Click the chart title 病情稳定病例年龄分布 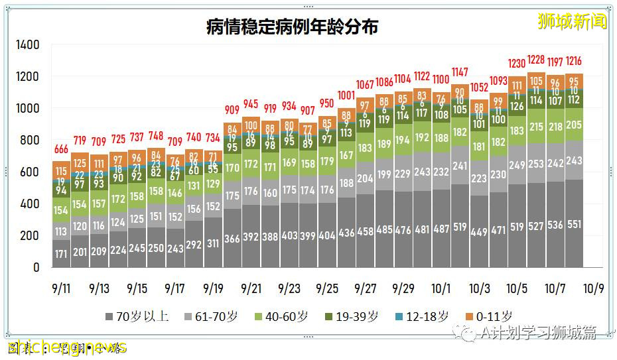point(292,27)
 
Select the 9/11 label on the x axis point(61,289)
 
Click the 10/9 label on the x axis point(594,289)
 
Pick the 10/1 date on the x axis point(441,289)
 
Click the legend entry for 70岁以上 point(137,316)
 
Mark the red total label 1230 point(517,64)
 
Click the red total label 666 point(62,149)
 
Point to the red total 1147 point(460,72)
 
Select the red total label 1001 point(346,95)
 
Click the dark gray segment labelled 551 point(575,225)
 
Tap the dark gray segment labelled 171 point(62,254)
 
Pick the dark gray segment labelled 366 point(232,239)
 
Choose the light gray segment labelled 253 point(536,164)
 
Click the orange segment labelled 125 point(80,162)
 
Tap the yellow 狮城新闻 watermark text point(572,22)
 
